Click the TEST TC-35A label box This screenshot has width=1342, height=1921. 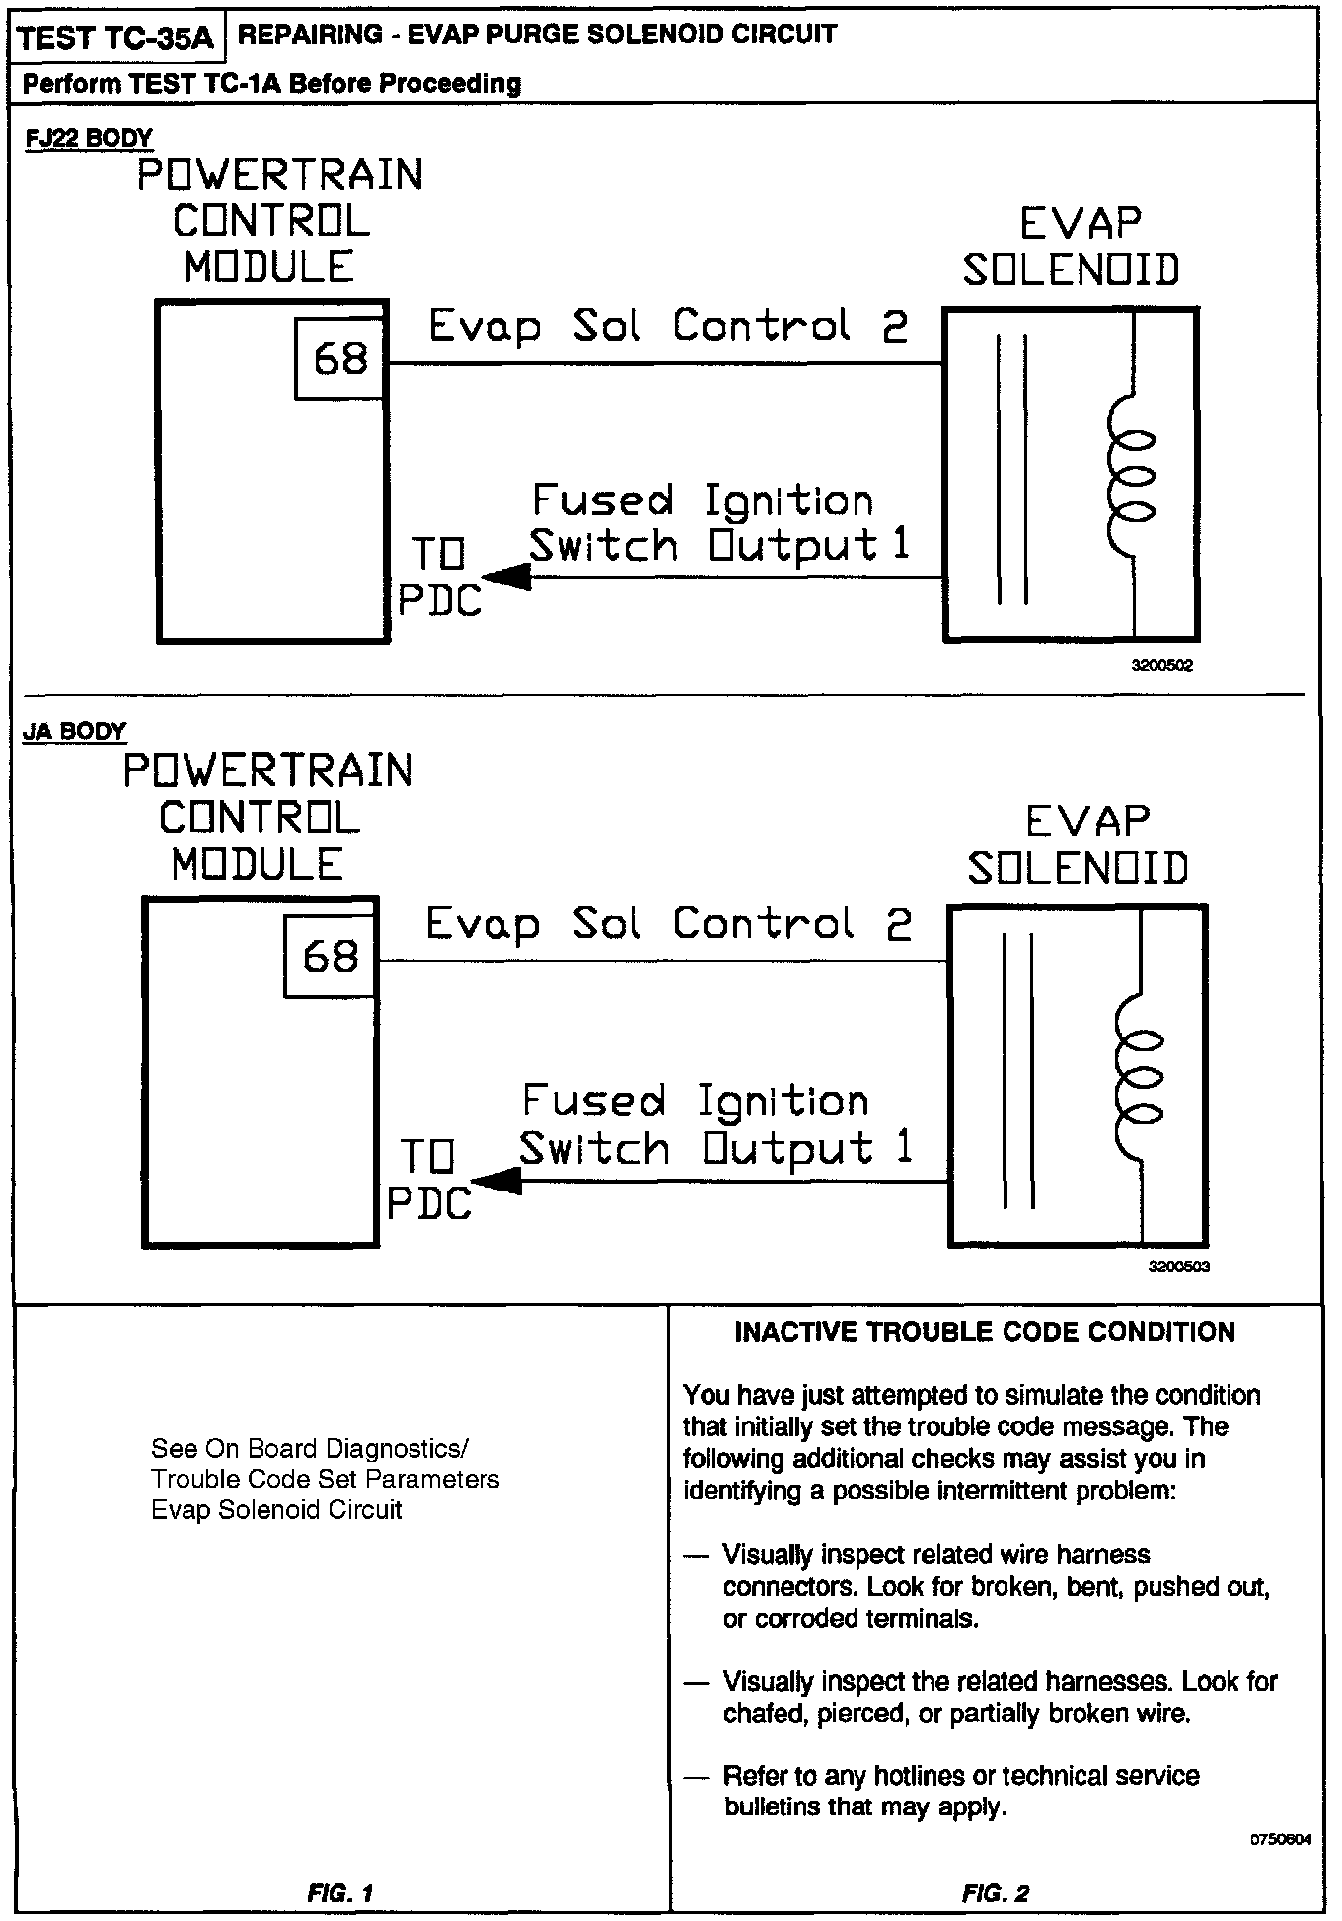pos(115,38)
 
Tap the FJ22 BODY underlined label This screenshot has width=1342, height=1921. pos(89,139)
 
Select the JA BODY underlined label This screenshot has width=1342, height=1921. pos(75,731)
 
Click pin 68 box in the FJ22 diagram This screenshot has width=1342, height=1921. pos(339,358)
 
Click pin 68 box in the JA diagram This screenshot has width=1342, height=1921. pos(330,956)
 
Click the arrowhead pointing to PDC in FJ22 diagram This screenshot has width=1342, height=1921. pos(506,577)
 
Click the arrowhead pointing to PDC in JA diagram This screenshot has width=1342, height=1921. pos(496,1180)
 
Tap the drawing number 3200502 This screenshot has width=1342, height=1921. pos(1162,666)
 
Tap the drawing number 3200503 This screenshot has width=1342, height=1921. pos(1178,1267)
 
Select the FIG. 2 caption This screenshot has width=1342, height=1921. pos(995,1892)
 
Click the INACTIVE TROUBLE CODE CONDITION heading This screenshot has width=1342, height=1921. pos(985,1332)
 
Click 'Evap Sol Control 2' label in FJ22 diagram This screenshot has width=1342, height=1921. pos(668,326)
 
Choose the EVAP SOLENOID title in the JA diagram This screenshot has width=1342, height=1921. pos(1079,845)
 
